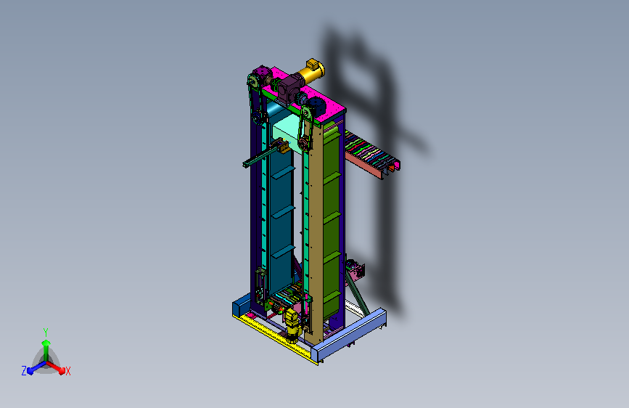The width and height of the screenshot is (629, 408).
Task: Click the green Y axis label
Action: point(46,332)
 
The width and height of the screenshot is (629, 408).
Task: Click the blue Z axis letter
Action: point(24,371)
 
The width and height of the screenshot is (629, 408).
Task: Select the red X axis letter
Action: point(67,371)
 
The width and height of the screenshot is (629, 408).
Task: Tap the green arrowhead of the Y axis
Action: point(46,343)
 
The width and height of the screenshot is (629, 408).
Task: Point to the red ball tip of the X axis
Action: point(62,371)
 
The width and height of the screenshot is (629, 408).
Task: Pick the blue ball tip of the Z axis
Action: point(30,371)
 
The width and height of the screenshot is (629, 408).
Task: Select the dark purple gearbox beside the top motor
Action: point(289,89)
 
